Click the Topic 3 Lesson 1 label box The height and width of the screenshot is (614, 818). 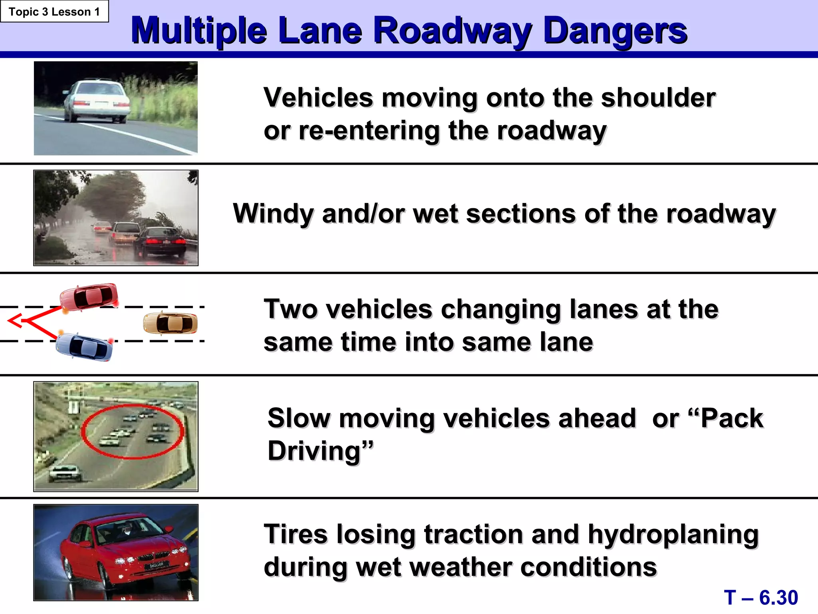point(54,12)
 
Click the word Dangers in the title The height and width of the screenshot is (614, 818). point(615,31)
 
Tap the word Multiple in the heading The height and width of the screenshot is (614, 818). point(199,31)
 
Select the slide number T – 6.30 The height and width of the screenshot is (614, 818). point(760,598)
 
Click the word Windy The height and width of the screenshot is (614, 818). point(273,214)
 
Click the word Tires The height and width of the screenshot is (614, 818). point(295,534)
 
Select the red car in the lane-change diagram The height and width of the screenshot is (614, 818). point(89,297)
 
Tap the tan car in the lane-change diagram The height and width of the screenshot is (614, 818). point(171,323)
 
